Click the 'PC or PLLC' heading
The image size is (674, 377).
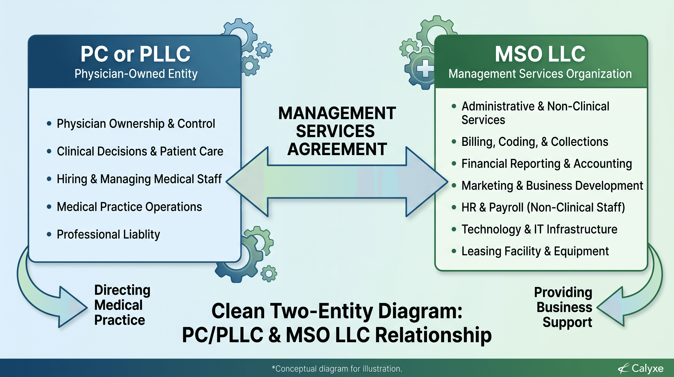tap(135, 54)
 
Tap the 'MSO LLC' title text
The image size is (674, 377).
tap(540, 54)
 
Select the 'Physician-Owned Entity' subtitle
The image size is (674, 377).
tap(136, 74)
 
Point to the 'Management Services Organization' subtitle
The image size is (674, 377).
tap(540, 74)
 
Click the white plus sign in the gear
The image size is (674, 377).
tap(425, 68)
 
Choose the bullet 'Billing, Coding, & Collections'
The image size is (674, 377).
tap(535, 142)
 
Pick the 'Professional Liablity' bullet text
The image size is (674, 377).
tap(108, 234)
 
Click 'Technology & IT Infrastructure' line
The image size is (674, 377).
tap(539, 229)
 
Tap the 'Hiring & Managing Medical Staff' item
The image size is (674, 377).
tap(139, 179)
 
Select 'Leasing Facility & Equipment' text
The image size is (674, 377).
tap(535, 251)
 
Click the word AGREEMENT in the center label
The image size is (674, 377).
tap(337, 149)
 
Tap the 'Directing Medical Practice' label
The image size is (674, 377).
tap(122, 305)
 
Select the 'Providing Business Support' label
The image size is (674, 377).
tap(563, 307)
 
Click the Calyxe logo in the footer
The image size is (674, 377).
tap(641, 368)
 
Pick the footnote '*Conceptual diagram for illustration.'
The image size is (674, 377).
tap(337, 369)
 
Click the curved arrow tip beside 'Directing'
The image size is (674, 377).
tap(86, 308)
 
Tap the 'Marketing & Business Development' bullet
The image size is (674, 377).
tap(552, 186)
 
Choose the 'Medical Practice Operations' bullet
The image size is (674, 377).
tap(129, 207)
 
